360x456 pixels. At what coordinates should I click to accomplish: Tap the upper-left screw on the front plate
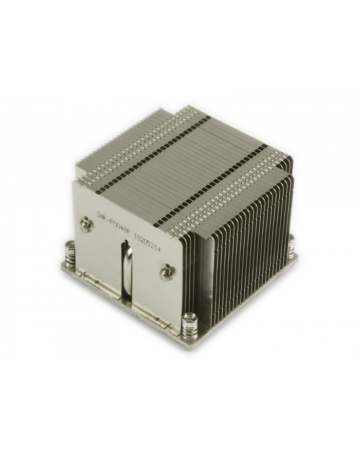pyautogui.click(x=85, y=225)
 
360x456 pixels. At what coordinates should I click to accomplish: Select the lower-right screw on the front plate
pyautogui.click(x=166, y=272)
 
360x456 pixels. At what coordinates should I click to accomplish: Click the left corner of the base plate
pyautogui.click(x=61, y=264)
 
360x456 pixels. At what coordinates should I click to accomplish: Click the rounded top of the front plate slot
pyautogui.click(x=126, y=245)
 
